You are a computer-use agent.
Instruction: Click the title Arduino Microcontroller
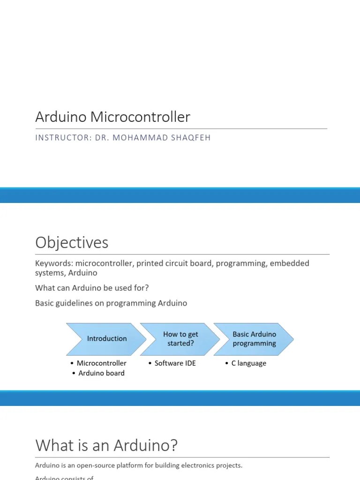click(x=112, y=117)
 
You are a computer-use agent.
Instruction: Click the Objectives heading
click(x=72, y=242)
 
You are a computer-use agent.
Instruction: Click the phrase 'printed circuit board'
click(x=174, y=263)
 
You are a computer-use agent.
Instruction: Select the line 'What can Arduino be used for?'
click(x=92, y=288)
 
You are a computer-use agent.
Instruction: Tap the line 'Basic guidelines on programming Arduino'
click(x=111, y=303)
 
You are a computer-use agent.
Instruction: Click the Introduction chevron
click(x=106, y=338)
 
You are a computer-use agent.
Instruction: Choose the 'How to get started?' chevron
click(x=180, y=338)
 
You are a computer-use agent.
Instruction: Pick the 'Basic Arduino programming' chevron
click(x=254, y=338)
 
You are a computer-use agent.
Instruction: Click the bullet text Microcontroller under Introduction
click(x=101, y=363)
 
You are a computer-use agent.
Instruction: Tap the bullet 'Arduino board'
click(x=101, y=373)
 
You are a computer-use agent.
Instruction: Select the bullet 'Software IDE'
click(x=175, y=363)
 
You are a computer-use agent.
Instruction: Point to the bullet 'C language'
click(x=248, y=363)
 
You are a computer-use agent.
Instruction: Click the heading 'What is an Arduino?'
click(x=106, y=445)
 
